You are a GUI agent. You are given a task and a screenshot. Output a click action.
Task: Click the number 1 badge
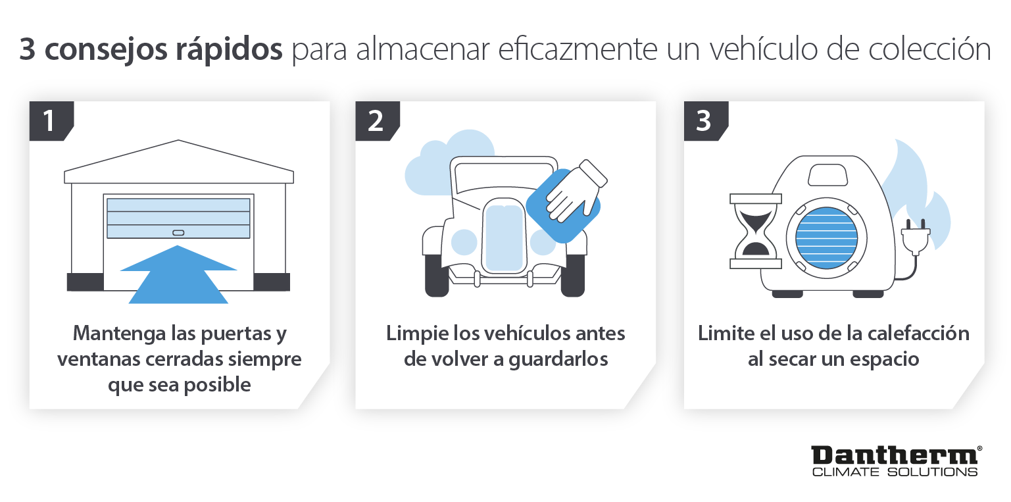coord(48,121)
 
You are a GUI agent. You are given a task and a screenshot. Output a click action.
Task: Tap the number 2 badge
coord(375,121)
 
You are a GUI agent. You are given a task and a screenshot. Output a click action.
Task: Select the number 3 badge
coord(703,121)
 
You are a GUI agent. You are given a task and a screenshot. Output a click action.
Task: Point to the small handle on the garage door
coord(178,232)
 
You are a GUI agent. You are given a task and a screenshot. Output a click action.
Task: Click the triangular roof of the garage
coord(178,158)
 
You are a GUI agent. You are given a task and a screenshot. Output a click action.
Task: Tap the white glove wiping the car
coord(574,191)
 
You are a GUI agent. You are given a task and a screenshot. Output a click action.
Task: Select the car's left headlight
coord(464,242)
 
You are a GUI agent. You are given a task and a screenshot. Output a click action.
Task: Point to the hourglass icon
coord(755,231)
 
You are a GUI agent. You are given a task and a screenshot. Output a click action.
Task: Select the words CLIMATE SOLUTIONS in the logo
coord(894,472)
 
